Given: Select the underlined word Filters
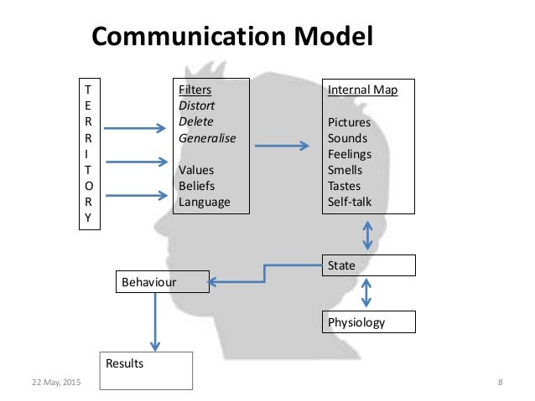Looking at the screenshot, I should click(x=195, y=90).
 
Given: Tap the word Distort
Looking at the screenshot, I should click(x=198, y=106).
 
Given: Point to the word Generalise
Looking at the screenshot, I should click(x=207, y=138).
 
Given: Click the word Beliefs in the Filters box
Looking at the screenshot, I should click(x=197, y=185).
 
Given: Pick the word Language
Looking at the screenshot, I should click(x=204, y=201).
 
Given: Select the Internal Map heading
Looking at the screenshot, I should click(x=362, y=90).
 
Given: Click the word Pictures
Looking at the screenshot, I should click(x=349, y=122).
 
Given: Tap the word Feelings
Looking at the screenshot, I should click(x=350, y=154).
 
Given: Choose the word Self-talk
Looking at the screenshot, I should click(x=351, y=201).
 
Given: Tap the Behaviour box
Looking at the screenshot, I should click(x=160, y=282).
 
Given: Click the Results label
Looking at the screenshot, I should click(x=124, y=364).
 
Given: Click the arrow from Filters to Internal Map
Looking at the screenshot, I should click(x=281, y=147).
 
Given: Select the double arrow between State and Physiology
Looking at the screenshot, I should click(x=366, y=293).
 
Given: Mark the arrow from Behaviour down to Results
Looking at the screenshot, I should click(x=154, y=322).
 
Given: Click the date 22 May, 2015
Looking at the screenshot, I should click(x=56, y=383).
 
